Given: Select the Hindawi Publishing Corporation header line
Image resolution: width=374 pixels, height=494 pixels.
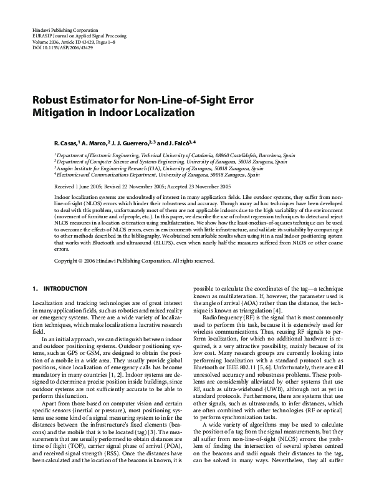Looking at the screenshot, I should coord(64,30).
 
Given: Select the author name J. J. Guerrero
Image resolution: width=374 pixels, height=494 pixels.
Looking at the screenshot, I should coord(131,142).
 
